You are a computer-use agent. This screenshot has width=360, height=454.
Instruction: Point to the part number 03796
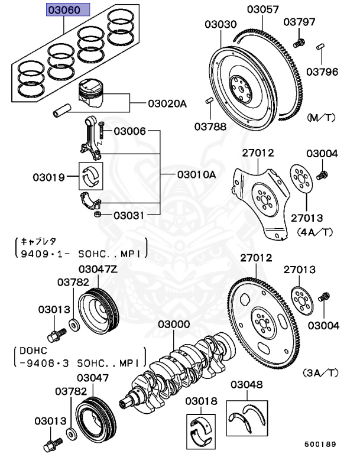click(x=322, y=73)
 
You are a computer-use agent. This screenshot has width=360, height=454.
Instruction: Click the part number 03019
click(x=48, y=176)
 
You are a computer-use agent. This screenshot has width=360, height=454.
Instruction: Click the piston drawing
click(x=93, y=93)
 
